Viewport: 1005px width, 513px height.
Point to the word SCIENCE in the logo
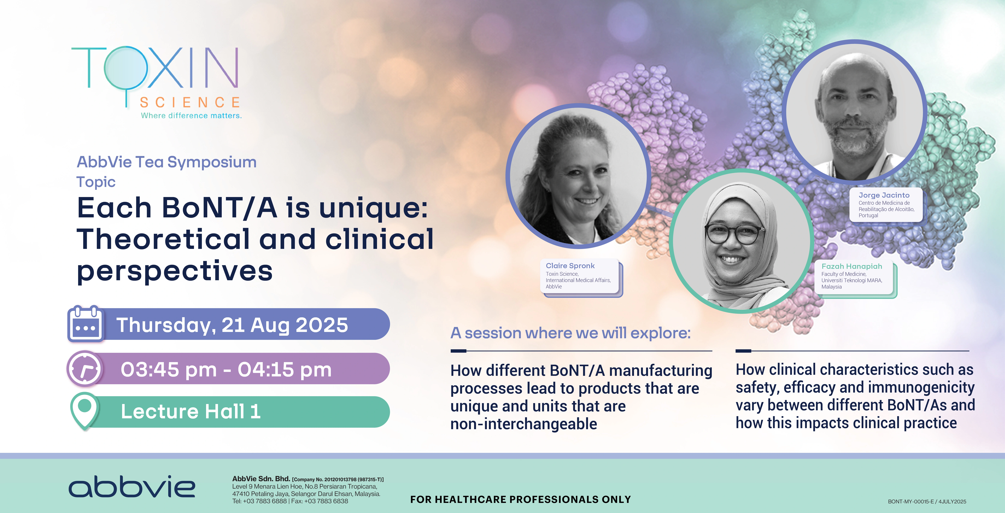coord(190,102)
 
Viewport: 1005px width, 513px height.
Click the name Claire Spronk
coord(570,266)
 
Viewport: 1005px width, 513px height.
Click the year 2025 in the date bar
coord(322,325)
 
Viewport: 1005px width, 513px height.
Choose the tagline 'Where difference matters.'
coord(191,115)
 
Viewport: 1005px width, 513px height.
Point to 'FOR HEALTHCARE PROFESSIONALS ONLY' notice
coord(521,499)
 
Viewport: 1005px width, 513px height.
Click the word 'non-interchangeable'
coord(524,424)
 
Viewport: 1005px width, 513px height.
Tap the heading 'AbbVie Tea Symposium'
coord(167,162)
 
